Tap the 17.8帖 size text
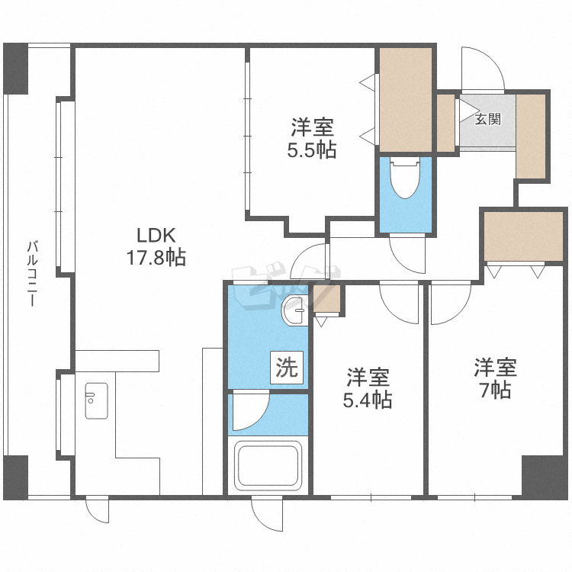coord(156,258)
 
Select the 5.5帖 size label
coord(311,149)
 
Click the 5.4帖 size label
coord(369,399)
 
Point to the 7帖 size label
coord(496,390)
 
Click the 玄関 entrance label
coord(488,119)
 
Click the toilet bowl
coord(405,179)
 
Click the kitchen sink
coord(96,400)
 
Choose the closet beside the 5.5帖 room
coord(406,100)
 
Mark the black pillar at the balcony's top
coord(15,69)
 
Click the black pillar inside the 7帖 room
coord(544,476)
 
